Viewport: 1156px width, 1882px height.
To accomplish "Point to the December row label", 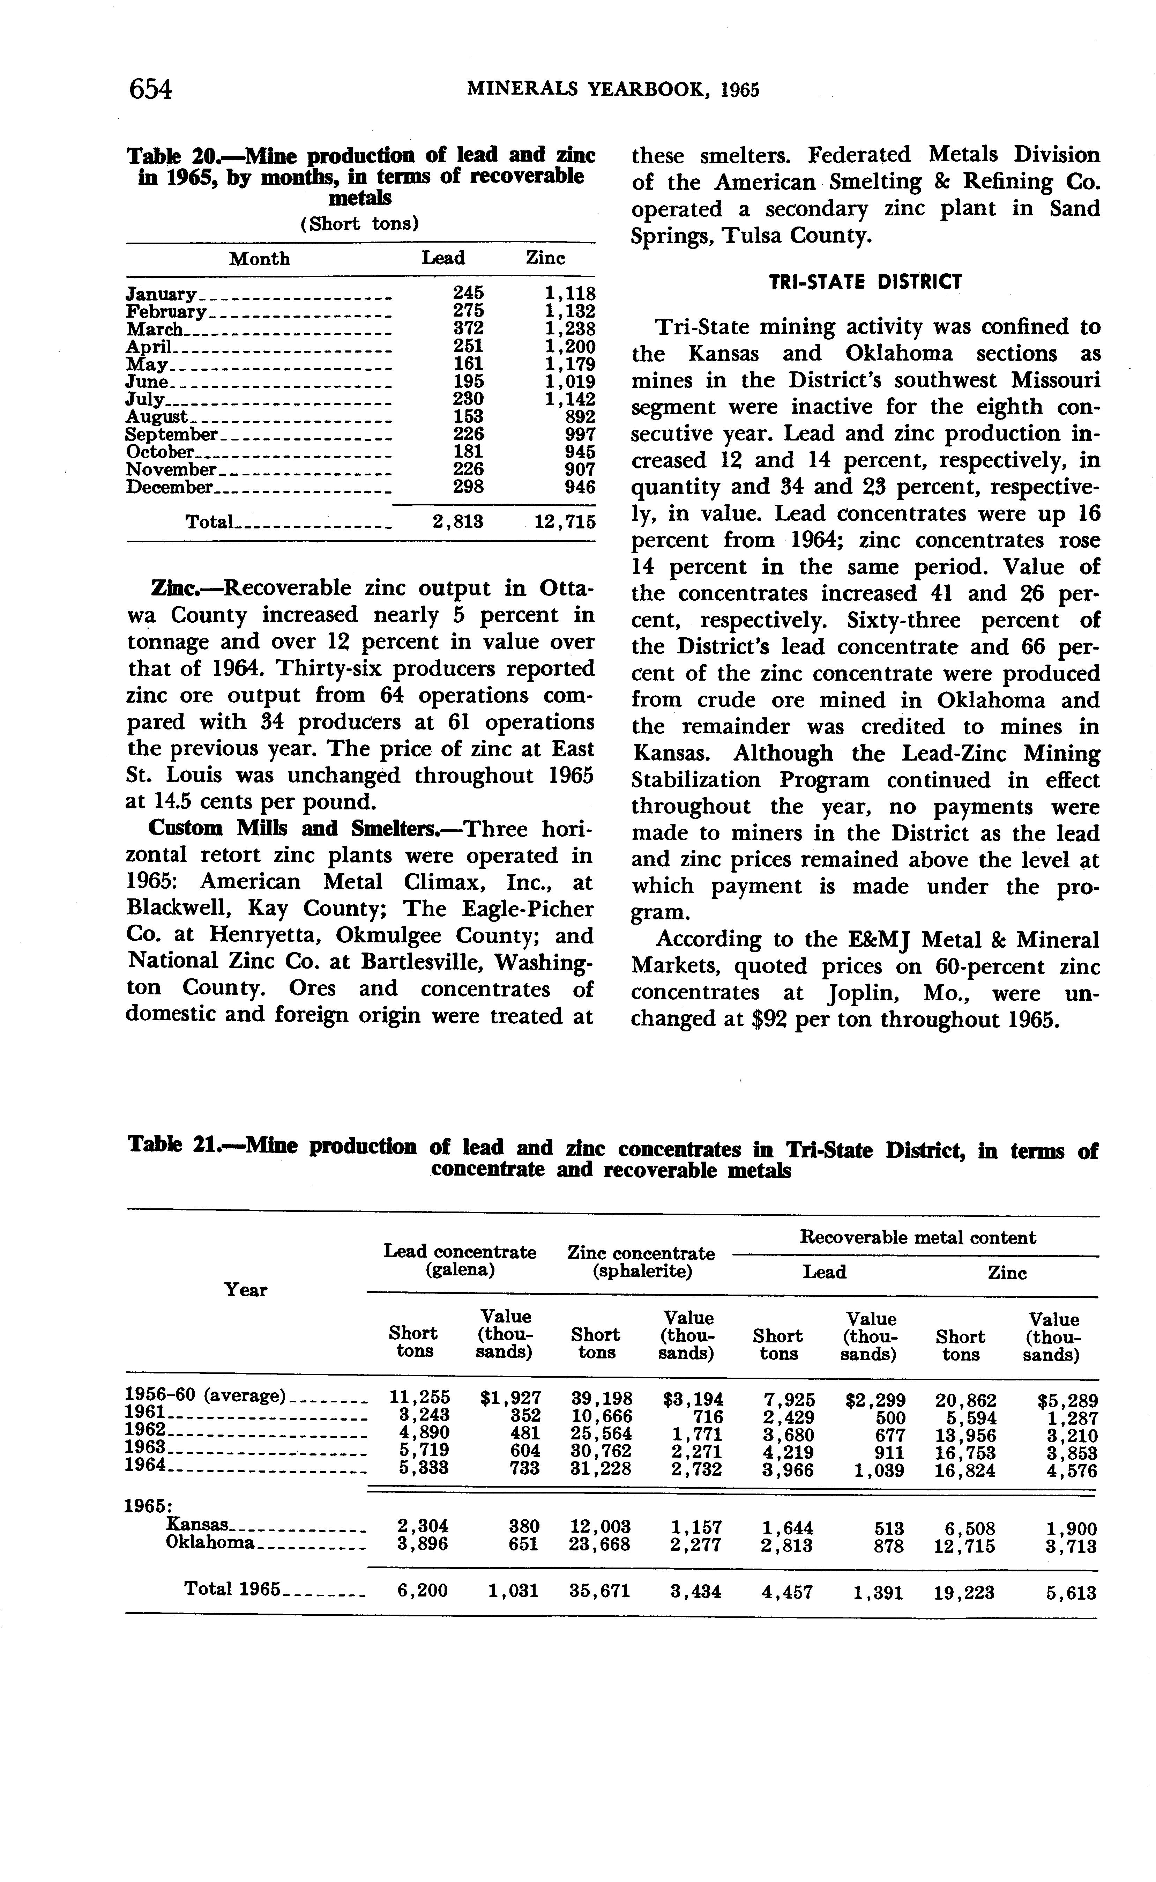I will (x=169, y=487).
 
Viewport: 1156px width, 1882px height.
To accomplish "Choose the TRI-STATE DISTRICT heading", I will (x=865, y=282).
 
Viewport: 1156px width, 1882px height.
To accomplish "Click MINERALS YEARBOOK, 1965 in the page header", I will (x=612, y=90).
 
